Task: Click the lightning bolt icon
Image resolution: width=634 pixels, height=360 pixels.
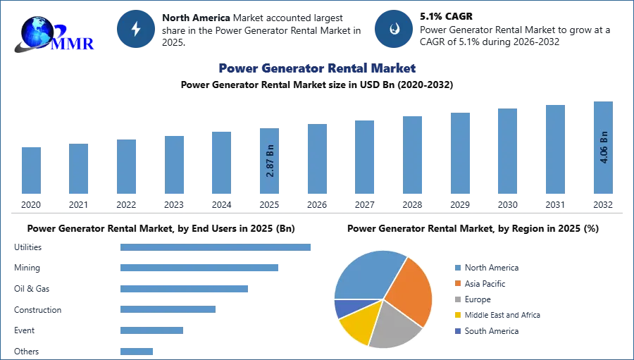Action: pyautogui.click(x=136, y=29)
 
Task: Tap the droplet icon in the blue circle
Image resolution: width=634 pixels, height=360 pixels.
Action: pyautogui.click(x=394, y=29)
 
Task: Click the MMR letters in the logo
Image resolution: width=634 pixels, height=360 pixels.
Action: pyautogui.click(x=73, y=43)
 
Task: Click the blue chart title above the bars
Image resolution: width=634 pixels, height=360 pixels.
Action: pyautogui.click(x=316, y=68)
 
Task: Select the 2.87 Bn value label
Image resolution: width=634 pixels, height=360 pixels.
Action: pyautogui.click(x=270, y=160)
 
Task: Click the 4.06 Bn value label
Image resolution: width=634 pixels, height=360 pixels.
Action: pyautogui.click(x=603, y=147)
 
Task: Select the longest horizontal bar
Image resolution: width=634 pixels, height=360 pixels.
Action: pyautogui.click(x=216, y=247)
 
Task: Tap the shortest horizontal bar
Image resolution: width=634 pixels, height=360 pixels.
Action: pyautogui.click(x=137, y=349)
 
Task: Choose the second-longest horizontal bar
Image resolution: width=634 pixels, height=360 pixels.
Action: pyautogui.click(x=199, y=268)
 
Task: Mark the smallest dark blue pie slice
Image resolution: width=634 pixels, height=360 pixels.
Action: pyautogui.click(x=342, y=308)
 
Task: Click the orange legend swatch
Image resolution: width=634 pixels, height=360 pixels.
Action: pyautogui.click(x=457, y=283)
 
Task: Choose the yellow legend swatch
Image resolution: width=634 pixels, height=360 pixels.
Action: pyautogui.click(x=457, y=315)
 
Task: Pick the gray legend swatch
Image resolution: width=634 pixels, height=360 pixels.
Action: pyautogui.click(x=457, y=299)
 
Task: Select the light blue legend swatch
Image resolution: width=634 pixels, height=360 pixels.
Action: pyautogui.click(x=457, y=267)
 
